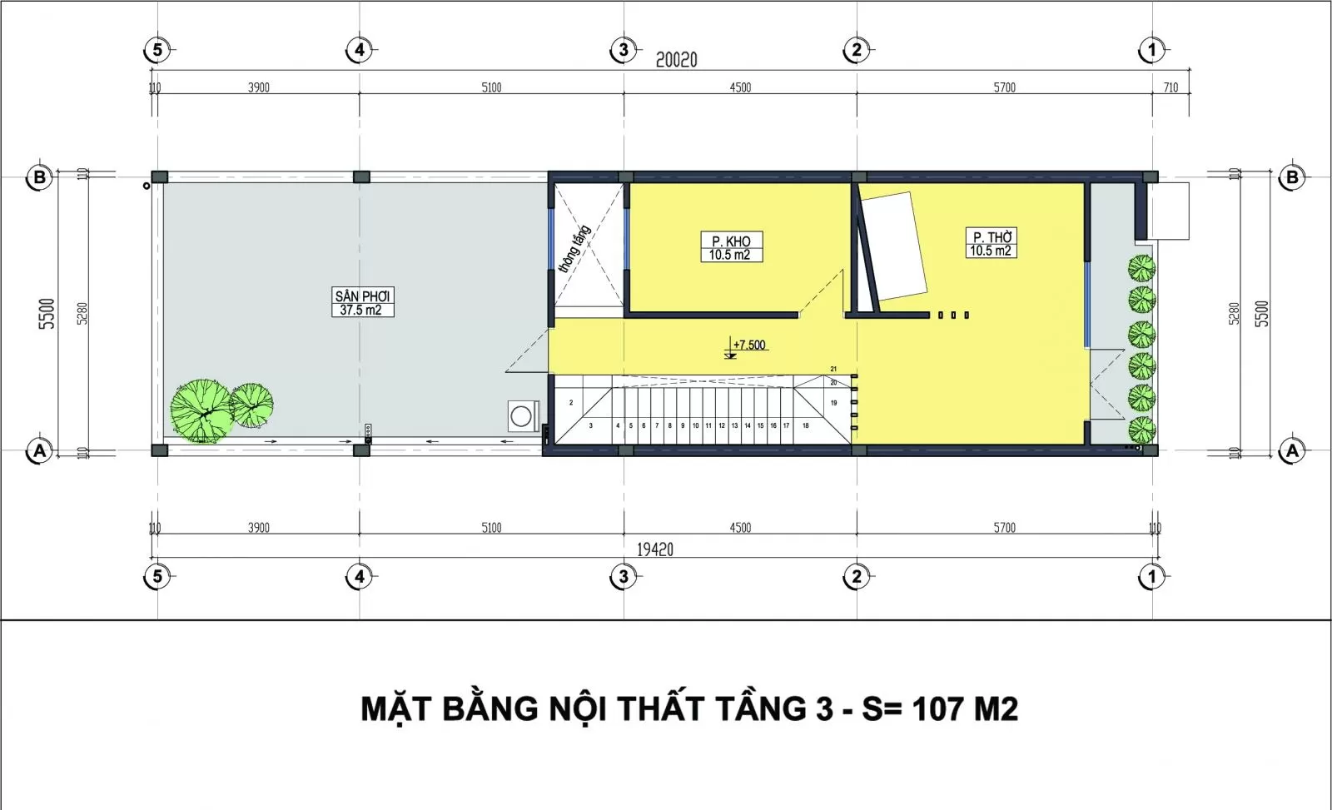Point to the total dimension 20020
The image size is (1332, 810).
pos(676,60)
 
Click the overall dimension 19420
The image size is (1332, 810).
pos(655,549)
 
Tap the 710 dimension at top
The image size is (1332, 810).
pos(1170,87)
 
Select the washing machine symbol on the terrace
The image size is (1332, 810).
pos(522,415)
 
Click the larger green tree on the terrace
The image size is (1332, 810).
pos(200,410)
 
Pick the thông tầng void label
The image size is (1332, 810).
pos(574,248)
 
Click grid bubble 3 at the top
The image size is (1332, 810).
pos(624,50)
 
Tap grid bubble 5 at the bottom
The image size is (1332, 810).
pos(157,576)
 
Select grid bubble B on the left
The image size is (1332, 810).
pos(39,177)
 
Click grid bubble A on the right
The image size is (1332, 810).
pos(1292,451)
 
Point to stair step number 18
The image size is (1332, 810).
pos(805,425)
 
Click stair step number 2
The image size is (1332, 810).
pos(571,403)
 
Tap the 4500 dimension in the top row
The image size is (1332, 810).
pos(740,87)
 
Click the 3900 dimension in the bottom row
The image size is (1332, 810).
pos(258,528)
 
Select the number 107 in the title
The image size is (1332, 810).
pos(938,709)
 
